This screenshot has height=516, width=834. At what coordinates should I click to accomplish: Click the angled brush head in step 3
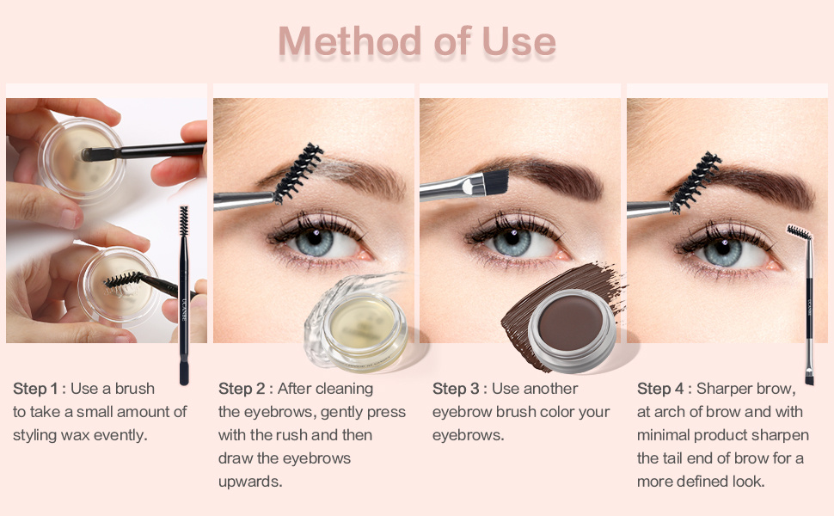pos(495,181)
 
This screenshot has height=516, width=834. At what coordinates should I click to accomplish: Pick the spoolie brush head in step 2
pos(297,173)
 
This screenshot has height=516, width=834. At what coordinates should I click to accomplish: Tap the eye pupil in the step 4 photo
pos(722,248)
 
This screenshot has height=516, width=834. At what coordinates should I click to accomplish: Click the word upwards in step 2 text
pos(249,482)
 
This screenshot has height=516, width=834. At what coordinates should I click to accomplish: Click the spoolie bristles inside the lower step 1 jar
pos(123,281)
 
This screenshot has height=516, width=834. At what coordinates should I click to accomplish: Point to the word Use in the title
pos(518,41)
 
